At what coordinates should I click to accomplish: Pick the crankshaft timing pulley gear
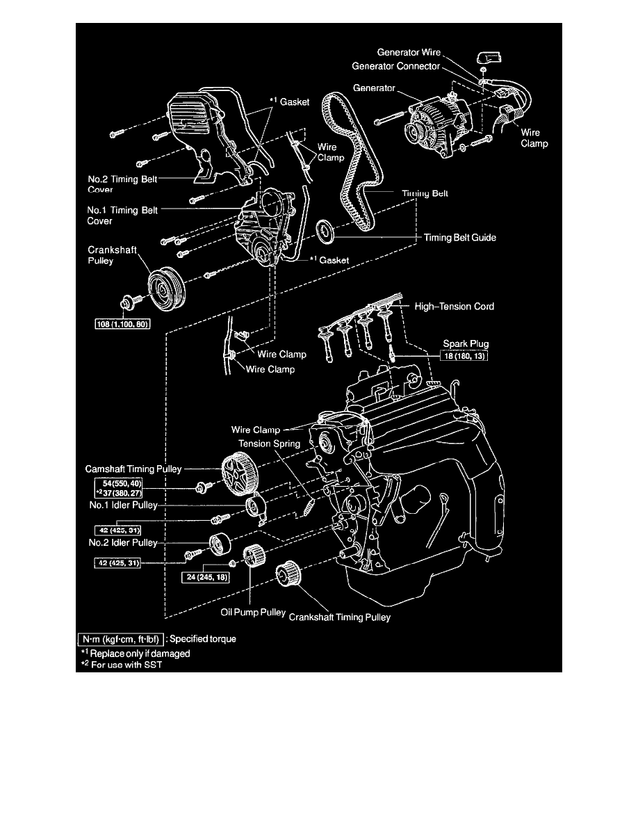[x=286, y=574]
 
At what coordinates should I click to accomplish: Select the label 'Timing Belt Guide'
[x=460, y=237]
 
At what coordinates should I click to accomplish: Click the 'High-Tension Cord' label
[x=454, y=306]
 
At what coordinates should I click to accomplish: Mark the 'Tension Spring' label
[x=270, y=443]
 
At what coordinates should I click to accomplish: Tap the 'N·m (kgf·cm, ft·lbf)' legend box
[x=121, y=640]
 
